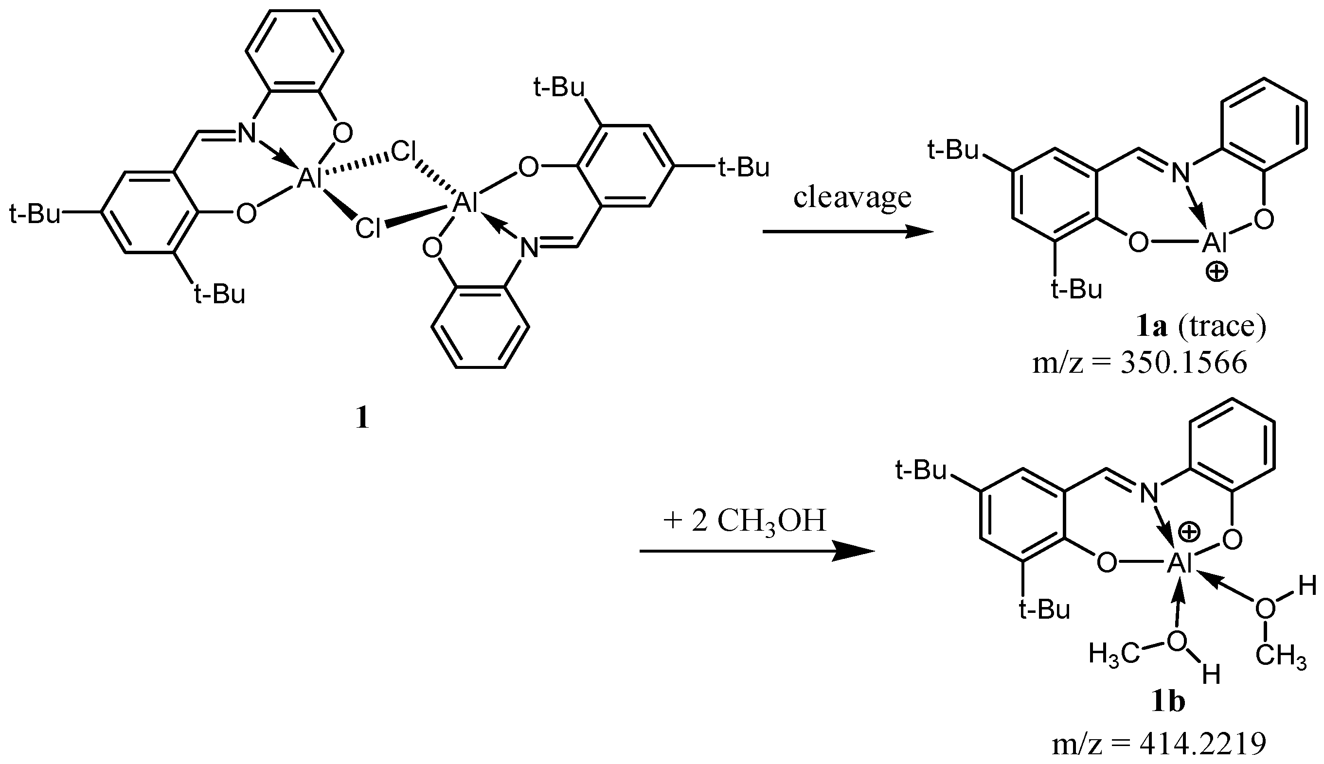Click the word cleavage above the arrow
[x=852, y=198]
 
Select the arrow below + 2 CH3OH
[x=756, y=552]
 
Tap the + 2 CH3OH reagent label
[x=744, y=521]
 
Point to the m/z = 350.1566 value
[x=1139, y=363]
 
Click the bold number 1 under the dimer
[x=362, y=418]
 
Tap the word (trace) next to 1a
[x=1222, y=327]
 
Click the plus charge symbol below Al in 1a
[x=1217, y=272]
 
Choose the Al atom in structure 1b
[x=1179, y=564]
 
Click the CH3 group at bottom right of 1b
[x=1281, y=656]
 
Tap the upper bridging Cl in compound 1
[x=405, y=153]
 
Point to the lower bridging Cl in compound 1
[x=368, y=229]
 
